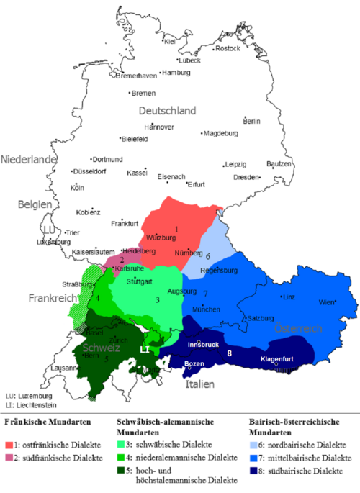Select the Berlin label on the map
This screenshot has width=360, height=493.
[252, 122]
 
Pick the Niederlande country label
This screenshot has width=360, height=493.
[29, 159]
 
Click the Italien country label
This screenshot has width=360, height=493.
[199, 384]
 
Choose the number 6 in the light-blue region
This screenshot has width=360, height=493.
[208, 255]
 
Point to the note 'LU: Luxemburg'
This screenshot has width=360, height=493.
[28, 396]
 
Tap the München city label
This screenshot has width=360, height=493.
[205, 309]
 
